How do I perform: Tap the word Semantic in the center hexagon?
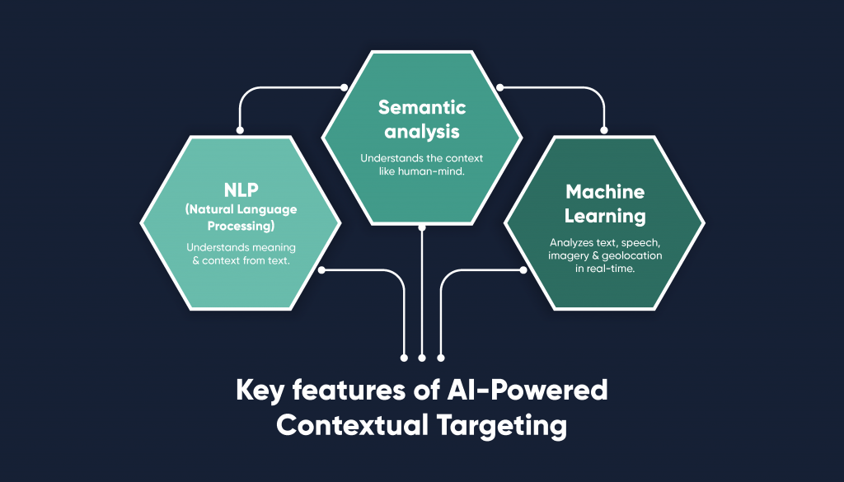click(422, 107)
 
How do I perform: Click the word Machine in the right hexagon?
click(604, 192)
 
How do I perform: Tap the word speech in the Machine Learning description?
click(642, 243)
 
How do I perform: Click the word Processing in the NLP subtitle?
click(241, 225)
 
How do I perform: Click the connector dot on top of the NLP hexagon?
click(240, 129)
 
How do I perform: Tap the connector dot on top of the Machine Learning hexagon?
click(604, 129)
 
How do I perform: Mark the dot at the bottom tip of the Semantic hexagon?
click(422, 225)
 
